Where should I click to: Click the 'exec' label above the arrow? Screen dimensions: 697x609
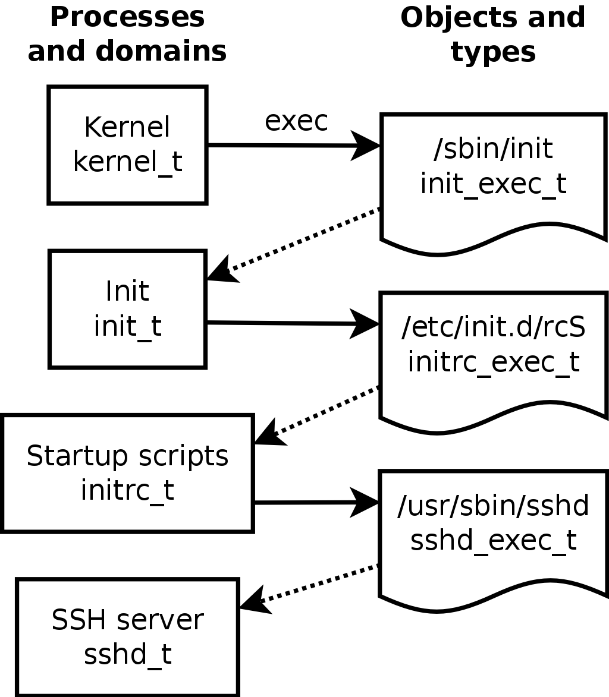pos(296,121)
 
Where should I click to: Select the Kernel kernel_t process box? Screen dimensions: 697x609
pos(127,145)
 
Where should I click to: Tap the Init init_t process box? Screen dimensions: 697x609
pos(127,309)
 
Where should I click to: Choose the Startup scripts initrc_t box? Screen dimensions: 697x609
pos(127,473)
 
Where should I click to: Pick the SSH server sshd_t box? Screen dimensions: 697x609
pos(127,636)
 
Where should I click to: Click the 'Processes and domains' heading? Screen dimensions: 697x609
pos(127,34)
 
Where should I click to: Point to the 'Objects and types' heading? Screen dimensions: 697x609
pos(493,34)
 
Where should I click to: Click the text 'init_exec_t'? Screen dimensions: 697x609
pos(493,184)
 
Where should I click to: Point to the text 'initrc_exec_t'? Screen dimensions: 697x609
pos(493,362)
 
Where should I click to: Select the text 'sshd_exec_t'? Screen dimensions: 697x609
pos(493,540)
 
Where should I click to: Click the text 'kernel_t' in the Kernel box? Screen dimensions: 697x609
pos(127,162)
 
